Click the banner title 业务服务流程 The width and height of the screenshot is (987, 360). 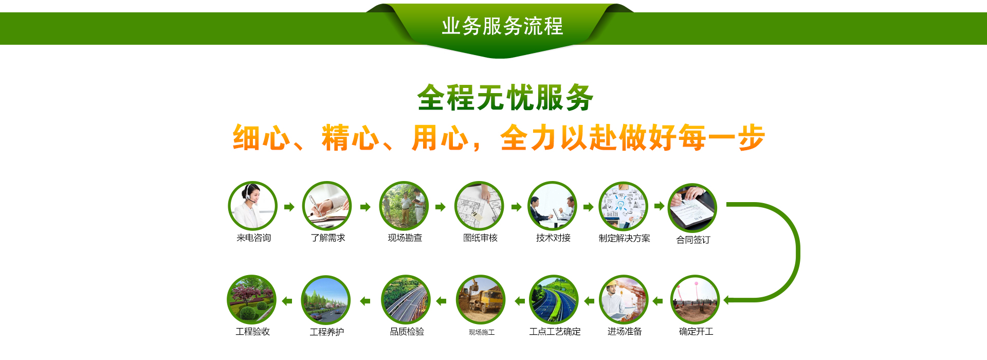(502, 26)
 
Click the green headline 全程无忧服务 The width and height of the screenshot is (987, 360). (505, 98)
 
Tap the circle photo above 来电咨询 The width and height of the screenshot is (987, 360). (253, 206)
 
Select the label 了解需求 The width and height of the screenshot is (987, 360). (328, 238)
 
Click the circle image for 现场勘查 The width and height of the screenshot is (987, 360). (404, 206)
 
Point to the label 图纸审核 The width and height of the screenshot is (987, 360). (480, 238)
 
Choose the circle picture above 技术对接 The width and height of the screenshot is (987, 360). (553, 206)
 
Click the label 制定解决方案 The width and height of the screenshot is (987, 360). (624, 239)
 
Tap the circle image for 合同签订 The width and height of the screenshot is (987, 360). (692, 208)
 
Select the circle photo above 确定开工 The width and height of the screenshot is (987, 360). (695, 300)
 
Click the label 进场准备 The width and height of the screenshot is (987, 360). (625, 332)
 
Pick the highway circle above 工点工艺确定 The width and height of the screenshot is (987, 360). (554, 300)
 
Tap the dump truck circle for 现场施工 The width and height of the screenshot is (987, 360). (481, 300)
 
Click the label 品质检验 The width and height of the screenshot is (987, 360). (407, 332)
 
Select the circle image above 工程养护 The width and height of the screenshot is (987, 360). (325, 300)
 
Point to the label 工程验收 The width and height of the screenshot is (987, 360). (252, 332)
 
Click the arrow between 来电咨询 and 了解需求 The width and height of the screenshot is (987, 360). (289, 207)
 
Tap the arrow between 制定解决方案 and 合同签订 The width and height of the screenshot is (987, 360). (659, 206)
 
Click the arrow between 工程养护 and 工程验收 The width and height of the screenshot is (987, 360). (287, 301)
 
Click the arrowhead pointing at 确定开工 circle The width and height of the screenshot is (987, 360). (727, 300)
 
